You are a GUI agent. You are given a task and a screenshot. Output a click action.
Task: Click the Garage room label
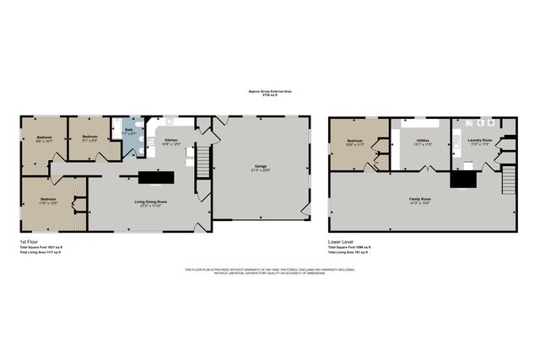[261, 167]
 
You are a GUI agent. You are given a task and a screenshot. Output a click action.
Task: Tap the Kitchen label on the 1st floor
[171, 140]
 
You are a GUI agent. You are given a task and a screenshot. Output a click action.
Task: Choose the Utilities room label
[422, 141]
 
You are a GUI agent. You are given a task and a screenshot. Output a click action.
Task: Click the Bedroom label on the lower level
[354, 141]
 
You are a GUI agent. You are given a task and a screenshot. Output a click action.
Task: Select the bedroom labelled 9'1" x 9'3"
[88, 137]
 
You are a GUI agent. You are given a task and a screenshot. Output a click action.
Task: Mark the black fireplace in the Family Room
[462, 178]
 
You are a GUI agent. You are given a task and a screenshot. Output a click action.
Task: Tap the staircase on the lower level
[507, 179]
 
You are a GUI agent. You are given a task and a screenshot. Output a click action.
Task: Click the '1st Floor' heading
[30, 241]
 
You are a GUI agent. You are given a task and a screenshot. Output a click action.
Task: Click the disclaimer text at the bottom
[270, 271]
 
